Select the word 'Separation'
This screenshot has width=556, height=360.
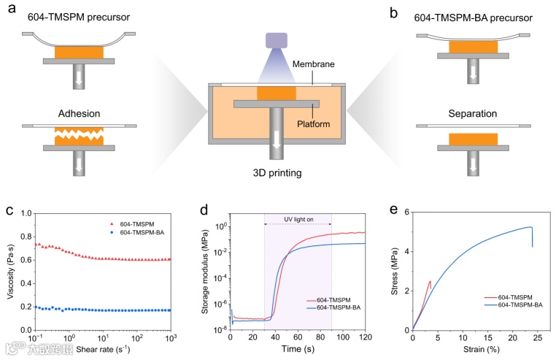click(474, 114)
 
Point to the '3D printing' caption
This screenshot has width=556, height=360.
click(277, 173)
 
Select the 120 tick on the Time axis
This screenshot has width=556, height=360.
click(366, 337)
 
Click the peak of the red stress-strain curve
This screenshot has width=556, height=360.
click(430, 281)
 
